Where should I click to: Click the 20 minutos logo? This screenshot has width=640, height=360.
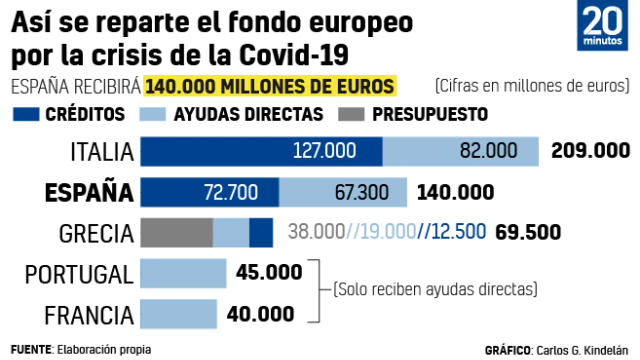[602, 26]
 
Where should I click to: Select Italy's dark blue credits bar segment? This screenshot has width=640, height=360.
[261, 151]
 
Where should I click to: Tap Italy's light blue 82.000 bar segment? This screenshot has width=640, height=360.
[460, 151]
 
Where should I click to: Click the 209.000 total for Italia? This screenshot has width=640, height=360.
[590, 150]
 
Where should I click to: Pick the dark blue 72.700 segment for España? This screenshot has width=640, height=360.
[209, 192]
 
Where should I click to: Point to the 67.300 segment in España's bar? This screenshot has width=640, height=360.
[343, 192]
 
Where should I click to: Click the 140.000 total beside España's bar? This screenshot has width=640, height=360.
[455, 192]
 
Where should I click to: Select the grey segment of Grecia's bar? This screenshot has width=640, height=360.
[176, 232]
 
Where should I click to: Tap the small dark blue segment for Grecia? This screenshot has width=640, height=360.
[261, 232]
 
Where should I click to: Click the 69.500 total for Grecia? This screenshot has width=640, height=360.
[527, 232]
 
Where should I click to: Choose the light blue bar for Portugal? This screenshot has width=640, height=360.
[183, 273]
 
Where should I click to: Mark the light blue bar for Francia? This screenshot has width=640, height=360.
[178, 314]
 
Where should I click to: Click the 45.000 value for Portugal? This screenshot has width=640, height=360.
[269, 272]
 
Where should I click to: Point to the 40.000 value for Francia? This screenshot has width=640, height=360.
[260, 314]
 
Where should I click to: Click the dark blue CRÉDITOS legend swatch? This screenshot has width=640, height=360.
[25, 114]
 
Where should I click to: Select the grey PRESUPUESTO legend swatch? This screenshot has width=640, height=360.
[351, 114]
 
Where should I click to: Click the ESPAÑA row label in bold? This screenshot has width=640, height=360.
[89, 193]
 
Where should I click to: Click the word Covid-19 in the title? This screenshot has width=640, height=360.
[293, 55]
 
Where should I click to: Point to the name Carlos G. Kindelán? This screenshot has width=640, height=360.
[582, 350]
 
